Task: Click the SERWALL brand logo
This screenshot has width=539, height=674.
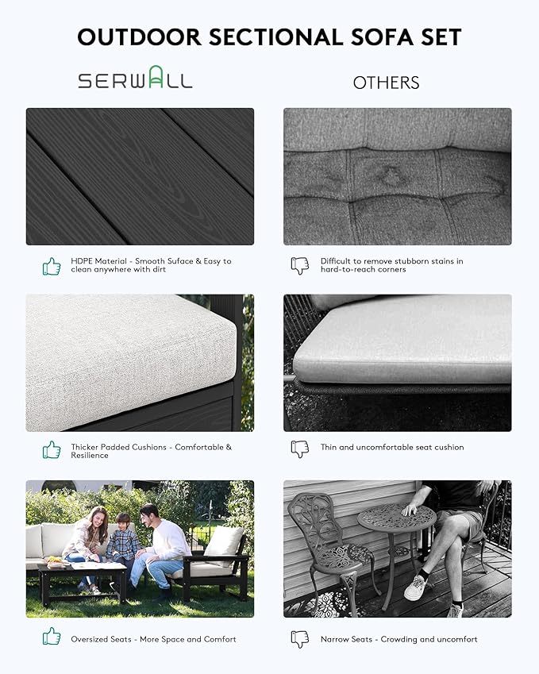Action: [135, 77]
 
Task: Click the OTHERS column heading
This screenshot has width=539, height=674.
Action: [386, 83]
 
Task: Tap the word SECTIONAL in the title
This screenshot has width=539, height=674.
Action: [276, 37]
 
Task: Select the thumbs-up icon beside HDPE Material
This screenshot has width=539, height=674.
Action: [52, 266]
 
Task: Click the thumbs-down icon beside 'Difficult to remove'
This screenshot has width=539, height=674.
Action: [300, 266]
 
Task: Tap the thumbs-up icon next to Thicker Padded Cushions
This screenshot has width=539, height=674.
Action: [52, 449]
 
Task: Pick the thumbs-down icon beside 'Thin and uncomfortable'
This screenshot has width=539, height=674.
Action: [300, 449]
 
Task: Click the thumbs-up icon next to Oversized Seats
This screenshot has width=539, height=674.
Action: [52, 636]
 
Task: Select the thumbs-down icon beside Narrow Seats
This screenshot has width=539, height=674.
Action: [300, 639]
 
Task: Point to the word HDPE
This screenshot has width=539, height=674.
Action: [81, 261]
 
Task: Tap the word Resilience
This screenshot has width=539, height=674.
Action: [90, 455]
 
